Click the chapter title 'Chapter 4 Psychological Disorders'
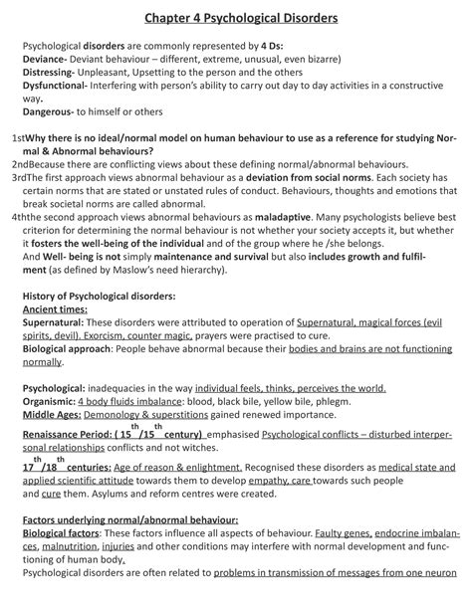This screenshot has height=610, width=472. [x=237, y=18]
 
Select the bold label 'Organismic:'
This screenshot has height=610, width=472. [x=56, y=401]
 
